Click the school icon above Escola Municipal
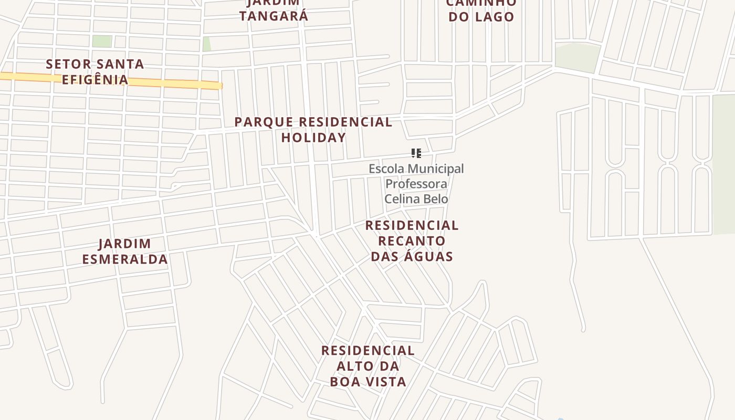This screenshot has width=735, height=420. pos(416,153)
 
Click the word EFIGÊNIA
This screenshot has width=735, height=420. pos(95,80)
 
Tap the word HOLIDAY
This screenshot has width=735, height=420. pos(313,138)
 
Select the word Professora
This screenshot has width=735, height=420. pos(416,184)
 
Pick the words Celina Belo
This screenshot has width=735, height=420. pos(416,199)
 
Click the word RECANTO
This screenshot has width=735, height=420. pos(412,241)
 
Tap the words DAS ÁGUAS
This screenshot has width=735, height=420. pos(412,256)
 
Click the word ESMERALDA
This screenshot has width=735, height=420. pos(125,259)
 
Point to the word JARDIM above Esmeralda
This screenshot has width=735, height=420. pos(125,244)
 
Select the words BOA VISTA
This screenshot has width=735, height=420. pos(368,382)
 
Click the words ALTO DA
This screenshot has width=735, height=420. pos(368,366)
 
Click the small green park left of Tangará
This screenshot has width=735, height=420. pos(206,44)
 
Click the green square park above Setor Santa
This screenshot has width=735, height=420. pos(102,41)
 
